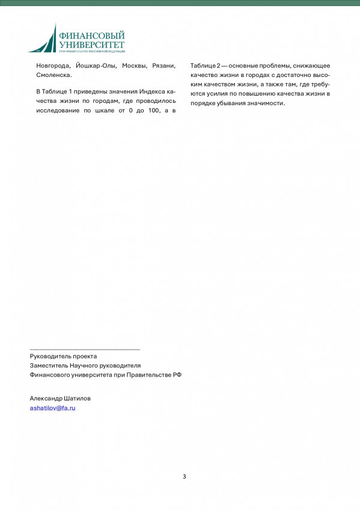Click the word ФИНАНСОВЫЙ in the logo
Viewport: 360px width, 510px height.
tap(91, 36)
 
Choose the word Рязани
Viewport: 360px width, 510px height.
tap(164, 65)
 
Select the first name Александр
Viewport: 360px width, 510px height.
tap(48, 398)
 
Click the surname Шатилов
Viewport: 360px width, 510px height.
tap(80, 398)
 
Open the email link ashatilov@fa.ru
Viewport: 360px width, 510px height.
tap(53, 408)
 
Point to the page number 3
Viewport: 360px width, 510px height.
tap(185, 476)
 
